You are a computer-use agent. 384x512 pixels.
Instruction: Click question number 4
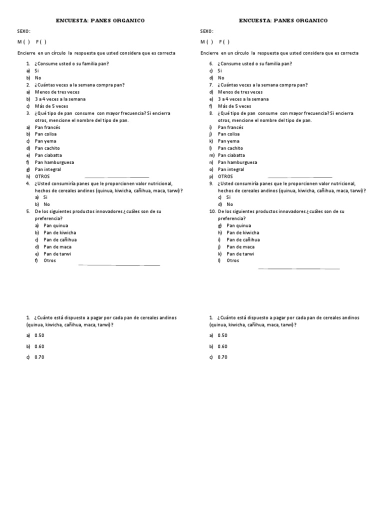pos(28,183)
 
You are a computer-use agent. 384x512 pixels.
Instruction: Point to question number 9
pos(212,183)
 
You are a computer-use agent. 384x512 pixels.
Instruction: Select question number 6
pos(212,63)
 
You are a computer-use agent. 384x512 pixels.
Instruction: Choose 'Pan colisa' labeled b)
pos(45,134)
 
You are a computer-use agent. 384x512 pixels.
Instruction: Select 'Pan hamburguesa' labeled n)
pos(237,162)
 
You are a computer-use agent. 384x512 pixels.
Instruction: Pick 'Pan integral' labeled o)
pos(231,169)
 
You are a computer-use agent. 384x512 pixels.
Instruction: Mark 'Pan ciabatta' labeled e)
pos(48,155)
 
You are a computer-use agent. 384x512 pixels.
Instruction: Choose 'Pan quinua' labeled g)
pos(239,225)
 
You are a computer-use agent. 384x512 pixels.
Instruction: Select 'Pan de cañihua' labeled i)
pos(243,239)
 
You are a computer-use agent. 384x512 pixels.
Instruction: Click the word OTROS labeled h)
pos(42,176)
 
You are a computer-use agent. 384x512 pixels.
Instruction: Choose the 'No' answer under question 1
pos(38,78)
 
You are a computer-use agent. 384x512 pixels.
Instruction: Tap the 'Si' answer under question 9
pos(229,197)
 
